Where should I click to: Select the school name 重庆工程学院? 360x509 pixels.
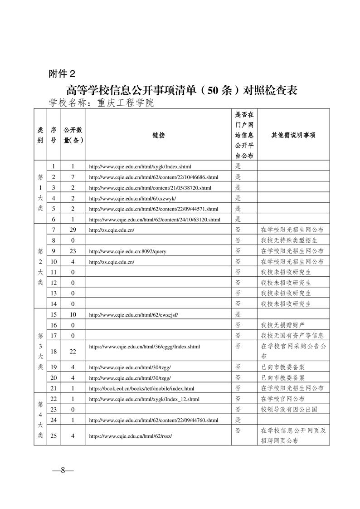pyautogui.click(x=126, y=103)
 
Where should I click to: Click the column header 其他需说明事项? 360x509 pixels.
pyautogui.click(x=293, y=135)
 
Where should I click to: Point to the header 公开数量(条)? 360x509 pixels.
pyautogui.click(x=73, y=135)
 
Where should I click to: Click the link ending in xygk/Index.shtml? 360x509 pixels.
pyautogui.click(x=136, y=166)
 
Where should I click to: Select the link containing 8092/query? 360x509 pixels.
pyautogui.click(x=127, y=251)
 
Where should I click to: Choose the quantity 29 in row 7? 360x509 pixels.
pyautogui.click(x=73, y=230)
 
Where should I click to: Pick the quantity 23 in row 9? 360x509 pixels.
pyautogui.click(x=73, y=251)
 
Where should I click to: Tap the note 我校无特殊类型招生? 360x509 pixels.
pyautogui.click(x=289, y=240)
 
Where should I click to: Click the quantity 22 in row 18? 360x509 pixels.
pyautogui.click(x=73, y=351)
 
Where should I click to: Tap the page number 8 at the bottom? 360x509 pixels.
pyautogui.click(x=63, y=470)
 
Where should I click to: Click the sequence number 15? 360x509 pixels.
pyautogui.click(x=54, y=314)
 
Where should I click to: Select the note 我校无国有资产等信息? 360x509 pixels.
pyautogui.click(x=292, y=336)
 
